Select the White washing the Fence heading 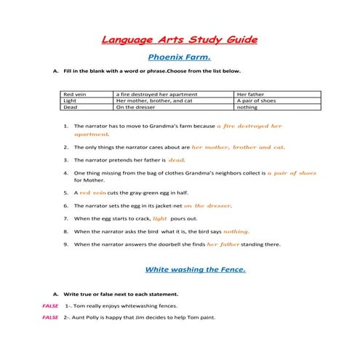click(196, 269)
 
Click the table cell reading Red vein click(75, 95)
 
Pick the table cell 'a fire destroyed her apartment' click(149, 95)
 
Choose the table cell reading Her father click(251, 95)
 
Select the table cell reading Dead click(71, 108)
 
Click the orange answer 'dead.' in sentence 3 click(177, 159)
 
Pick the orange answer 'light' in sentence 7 click(160, 218)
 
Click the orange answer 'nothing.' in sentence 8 click(237, 231)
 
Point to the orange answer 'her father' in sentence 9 click(223, 244)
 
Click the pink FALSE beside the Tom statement click(50, 305)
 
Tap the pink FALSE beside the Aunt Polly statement click(50, 318)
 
